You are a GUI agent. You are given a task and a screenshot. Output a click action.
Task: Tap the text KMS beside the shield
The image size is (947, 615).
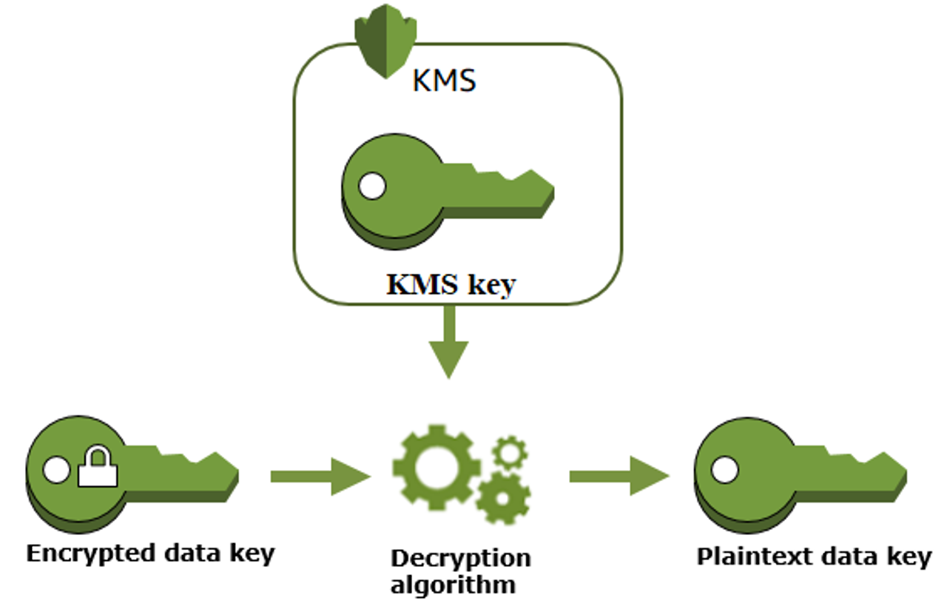443,80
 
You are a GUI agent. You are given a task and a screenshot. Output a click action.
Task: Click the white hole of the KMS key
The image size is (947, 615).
371,186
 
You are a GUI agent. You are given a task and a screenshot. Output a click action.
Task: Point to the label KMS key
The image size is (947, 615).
450,284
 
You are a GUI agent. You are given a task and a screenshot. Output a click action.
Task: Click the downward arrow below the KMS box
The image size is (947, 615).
448,343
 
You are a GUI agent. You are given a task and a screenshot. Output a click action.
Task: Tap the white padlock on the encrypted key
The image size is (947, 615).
98,468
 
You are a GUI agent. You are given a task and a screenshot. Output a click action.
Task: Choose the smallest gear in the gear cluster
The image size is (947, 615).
509,451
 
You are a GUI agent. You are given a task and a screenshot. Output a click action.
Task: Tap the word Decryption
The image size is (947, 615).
460,558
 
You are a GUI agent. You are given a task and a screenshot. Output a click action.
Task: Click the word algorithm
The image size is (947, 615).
453,585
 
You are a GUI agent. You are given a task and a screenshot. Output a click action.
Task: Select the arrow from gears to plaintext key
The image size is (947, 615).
619,477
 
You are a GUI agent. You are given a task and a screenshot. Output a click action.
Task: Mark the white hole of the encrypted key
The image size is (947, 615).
56,469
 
